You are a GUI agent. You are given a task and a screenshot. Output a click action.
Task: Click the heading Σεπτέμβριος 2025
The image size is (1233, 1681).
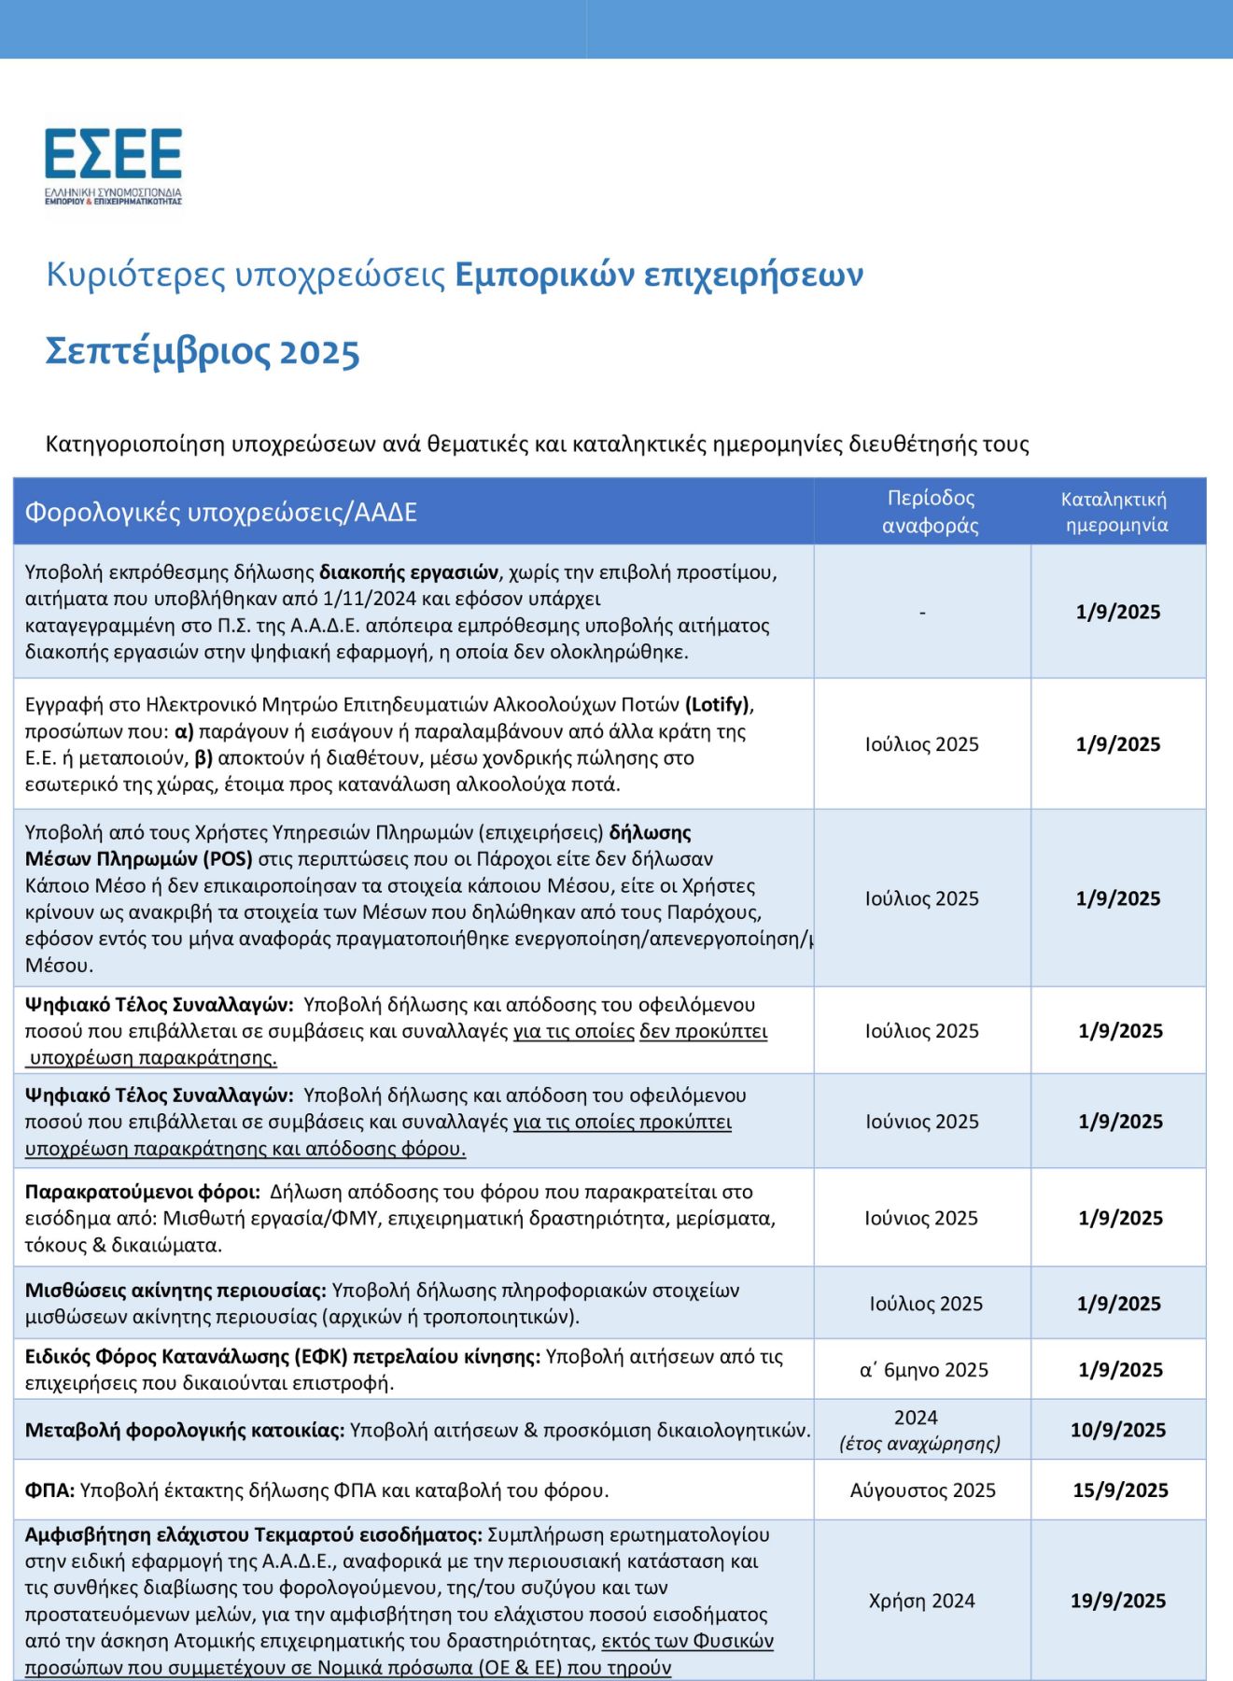[x=203, y=352]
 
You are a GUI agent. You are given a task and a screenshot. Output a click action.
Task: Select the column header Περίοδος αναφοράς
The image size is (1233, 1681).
[x=930, y=512]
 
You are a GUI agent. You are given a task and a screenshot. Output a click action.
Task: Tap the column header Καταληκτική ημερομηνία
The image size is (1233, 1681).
[x=1115, y=512]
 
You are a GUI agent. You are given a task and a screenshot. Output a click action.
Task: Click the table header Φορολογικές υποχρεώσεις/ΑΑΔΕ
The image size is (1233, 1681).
[x=220, y=513]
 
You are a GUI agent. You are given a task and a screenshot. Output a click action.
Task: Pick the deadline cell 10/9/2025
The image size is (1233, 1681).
[x=1117, y=1430]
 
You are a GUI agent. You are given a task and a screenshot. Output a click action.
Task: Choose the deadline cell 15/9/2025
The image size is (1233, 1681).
[x=1119, y=1490]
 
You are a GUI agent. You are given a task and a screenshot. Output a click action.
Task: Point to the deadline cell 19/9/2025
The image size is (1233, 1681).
[x=1117, y=1601]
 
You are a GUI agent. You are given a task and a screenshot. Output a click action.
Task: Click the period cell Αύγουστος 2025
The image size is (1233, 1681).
[x=922, y=1490]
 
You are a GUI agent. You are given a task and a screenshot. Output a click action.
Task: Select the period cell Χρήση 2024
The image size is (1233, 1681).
[x=921, y=1601]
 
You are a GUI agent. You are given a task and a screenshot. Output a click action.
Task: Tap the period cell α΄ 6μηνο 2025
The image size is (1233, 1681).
[x=923, y=1370]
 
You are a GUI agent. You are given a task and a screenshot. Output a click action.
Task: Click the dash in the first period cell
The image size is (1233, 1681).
[x=922, y=613]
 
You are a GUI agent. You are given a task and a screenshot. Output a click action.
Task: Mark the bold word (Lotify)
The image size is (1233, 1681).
[x=719, y=705]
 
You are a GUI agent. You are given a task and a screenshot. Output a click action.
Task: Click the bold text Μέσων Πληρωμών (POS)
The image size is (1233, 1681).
[x=139, y=859]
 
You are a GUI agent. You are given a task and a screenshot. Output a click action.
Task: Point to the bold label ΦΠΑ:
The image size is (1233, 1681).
[x=49, y=1490]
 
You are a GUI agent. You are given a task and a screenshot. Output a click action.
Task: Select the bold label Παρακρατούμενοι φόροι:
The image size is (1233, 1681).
[x=142, y=1193]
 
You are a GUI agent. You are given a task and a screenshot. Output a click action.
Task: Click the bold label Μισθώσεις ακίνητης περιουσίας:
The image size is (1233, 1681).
[x=175, y=1291]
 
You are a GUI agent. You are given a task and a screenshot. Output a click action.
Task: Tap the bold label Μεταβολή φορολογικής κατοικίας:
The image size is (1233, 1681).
[x=185, y=1430]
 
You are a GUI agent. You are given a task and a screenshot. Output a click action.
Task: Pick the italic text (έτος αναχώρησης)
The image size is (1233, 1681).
[x=919, y=1444]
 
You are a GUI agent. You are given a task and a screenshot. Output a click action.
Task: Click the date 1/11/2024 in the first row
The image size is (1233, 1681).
[x=369, y=599]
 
